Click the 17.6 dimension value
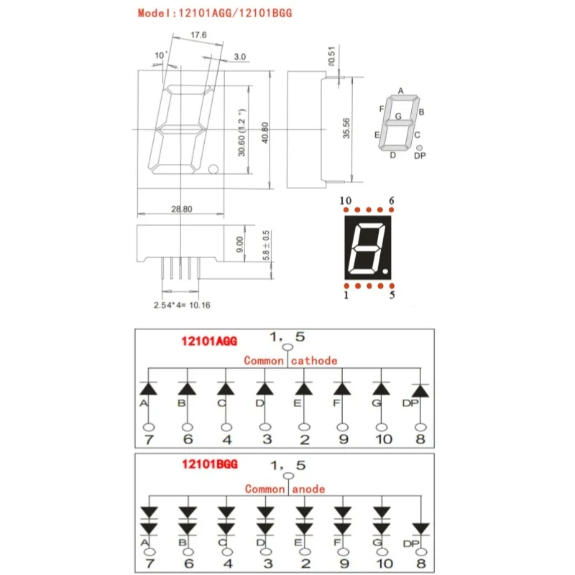pos(199,34)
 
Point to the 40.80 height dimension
pos(265,130)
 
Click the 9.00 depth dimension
pos(241,245)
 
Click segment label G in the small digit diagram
pos(398,116)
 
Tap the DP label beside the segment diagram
pos(420,156)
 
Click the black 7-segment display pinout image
pos(369,246)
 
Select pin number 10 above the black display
pos(346,201)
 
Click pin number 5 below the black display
pos(391,294)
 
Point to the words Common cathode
pos(290,361)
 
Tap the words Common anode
pos(285,489)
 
